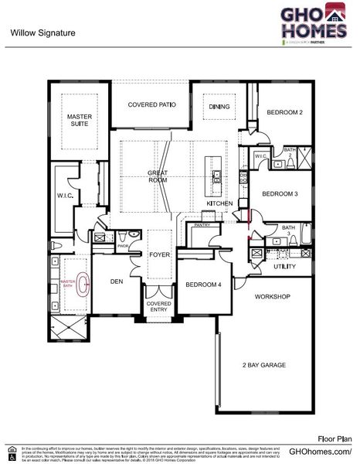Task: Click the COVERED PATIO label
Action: (x=151, y=104)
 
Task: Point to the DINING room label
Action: (x=219, y=107)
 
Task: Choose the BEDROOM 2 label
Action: (x=284, y=113)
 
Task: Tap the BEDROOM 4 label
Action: (x=203, y=285)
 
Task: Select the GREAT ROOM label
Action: (x=158, y=176)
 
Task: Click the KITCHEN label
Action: (x=219, y=203)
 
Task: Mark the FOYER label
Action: (x=159, y=253)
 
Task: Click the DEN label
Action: (x=117, y=281)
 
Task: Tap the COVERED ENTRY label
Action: (x=159, y=308)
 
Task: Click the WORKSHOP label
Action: (x=273, y=297)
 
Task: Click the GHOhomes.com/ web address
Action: (x=320, y=451)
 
